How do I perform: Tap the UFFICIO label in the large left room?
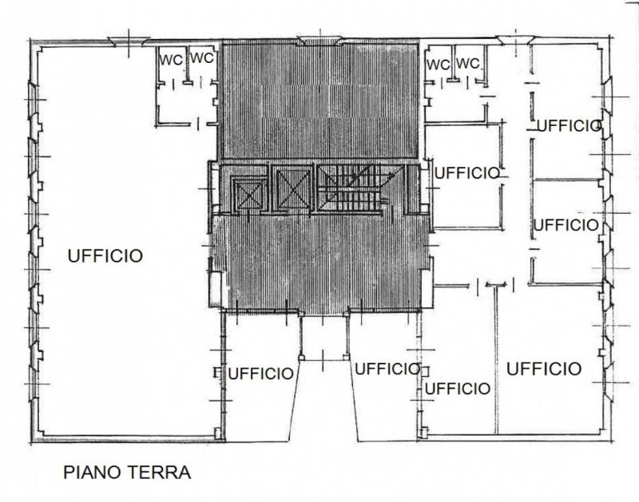click(x=105, y=256)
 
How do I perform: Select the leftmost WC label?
click(x=171, y=61)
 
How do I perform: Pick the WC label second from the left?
click(x=202, y=57)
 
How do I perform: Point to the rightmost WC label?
click(x=468, y=64)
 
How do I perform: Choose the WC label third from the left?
click(x=439, y=65)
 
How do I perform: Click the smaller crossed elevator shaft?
click(x=249, y=195)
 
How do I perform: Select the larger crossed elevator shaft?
click(x=293, y=188)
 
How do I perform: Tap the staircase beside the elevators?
click(x=351, y=188)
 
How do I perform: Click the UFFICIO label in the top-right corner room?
click(x=570, y=126)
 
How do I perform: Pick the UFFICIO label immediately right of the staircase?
click(x=467, y=173)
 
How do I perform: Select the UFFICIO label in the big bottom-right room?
click(x=544, y=369)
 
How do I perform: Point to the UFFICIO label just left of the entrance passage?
click(x=260, y=374)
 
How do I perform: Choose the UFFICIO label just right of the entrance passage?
click(x=387, y=369)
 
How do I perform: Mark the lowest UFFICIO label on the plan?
click(x=458, y=389)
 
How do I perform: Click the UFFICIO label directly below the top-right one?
click(x=566, y=225)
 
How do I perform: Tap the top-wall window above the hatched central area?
click(x=320, y=41)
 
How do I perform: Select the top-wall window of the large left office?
click(x=129, y=41)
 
